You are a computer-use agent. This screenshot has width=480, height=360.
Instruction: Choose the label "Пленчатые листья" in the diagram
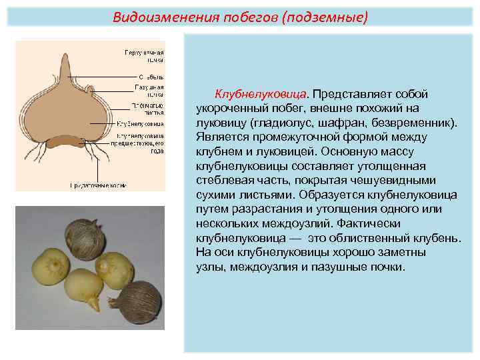(x=149, y=108)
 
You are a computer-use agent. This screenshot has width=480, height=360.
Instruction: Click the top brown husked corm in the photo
(x=85, y=235)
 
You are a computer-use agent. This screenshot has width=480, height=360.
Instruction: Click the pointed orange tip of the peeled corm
(x=94, y=305)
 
